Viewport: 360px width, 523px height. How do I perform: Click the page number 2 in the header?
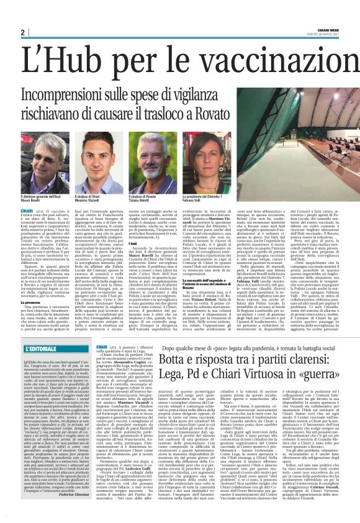tap(22, 32)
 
